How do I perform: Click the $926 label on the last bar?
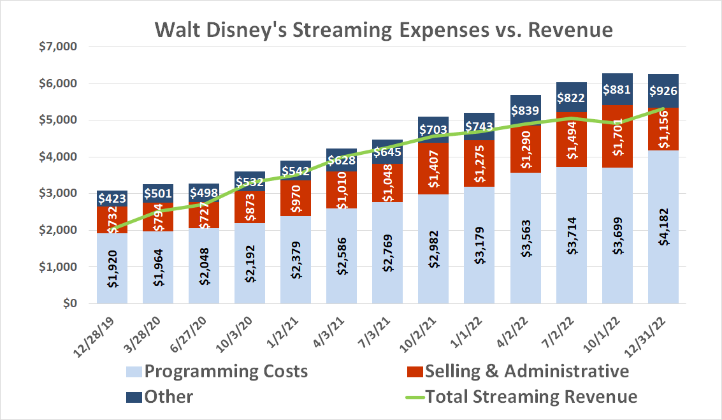click(663, 91)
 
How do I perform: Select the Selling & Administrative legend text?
click(526, 371)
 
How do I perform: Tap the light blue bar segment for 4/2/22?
click(526, 268)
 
